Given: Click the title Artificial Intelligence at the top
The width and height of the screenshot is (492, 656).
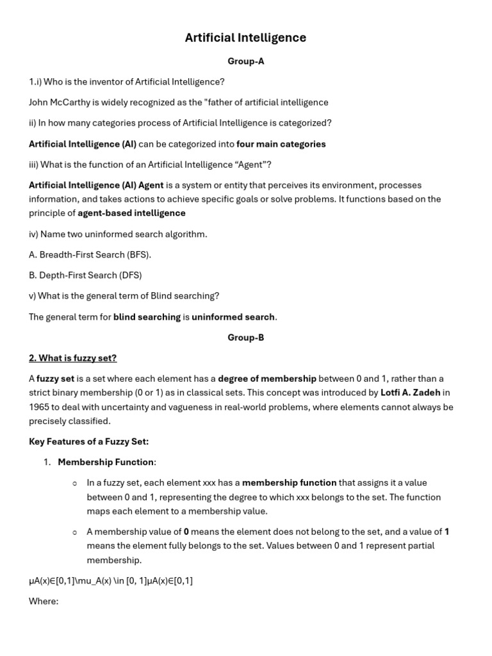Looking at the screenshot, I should click(x=245, y=38).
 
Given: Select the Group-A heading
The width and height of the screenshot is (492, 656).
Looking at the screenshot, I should click(x=245, y=61).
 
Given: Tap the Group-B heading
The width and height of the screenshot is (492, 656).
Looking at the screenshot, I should click(x=245, y=338).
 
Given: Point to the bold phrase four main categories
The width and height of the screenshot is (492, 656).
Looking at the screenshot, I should click(x=281, y=144).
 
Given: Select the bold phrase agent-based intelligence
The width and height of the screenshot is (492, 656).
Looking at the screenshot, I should click(x=131, y=213).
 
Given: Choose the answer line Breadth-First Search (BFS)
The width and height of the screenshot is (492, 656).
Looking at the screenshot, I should click(x=90, y=255).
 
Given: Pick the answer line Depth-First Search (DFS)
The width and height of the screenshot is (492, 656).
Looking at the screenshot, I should click(x=85, y=275).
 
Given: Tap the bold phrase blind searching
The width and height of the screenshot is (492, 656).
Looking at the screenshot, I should click(x=147, y=317).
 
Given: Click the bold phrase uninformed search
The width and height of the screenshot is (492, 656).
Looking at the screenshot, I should click(x=233, y=317).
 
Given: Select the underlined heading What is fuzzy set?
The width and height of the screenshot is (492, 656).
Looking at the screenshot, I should click(x=72, y=358).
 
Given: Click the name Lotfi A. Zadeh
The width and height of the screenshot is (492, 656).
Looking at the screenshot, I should click(x=410, y=393).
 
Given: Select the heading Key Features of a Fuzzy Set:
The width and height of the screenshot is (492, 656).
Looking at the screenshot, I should click(x=88, y=441).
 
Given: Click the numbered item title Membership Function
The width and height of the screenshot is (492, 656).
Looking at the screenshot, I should click(x=106, y=462).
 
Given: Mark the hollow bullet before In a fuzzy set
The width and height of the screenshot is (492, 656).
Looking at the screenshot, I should click(x=74, y=484).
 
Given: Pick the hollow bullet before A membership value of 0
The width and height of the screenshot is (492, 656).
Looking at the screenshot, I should click(x=74, y=532).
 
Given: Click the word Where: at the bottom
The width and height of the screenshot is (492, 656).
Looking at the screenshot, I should click(x=44, y=602).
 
